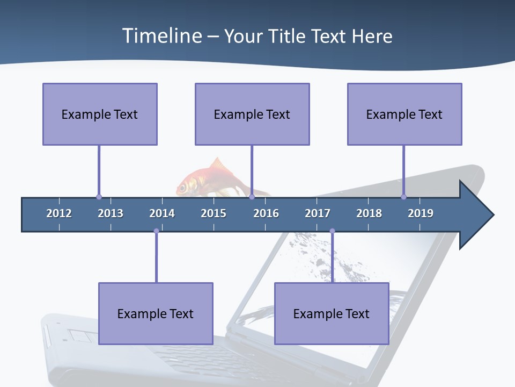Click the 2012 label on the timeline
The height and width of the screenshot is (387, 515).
pyautogui.click(x=59, y=213)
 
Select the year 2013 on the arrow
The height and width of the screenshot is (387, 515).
pyautogui.click(x=111, y=213)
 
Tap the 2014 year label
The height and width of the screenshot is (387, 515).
pyautogui.click(x=162, y=213)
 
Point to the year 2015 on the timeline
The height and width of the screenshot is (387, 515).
pyautogui.click(x=214, y=213)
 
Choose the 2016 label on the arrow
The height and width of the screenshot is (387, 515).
pyautogui.click(x=266, y=213)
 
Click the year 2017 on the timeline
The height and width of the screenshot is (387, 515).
pyautogui.click(x=318, y=213)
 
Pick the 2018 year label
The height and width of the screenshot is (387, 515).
pyautogui.click(x=369, y=213)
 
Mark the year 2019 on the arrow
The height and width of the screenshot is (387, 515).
pyautogui.click(x=421, y=213)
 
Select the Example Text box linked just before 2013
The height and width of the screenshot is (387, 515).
pyautogui.click(x=100, y=114)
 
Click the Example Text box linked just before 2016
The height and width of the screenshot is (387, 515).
pyautogui.click(x=252, y=114)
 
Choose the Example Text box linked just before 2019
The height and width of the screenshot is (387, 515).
pyautogui.click(x=404, y=114)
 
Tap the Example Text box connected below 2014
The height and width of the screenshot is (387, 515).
pyautogui.click(x=156, y=313)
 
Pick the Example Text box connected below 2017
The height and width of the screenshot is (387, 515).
pyautogui.click(x=332, y=313)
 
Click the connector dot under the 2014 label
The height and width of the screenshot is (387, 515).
pyautogui.click(x=156, y=231)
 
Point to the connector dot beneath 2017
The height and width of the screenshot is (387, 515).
pyautogui.click(x=332, y=231)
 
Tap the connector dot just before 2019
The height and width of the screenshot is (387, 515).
pyautogui.click(x=404, y=197)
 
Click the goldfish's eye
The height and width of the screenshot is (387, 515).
pyautogui.click(x=182, y=188)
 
